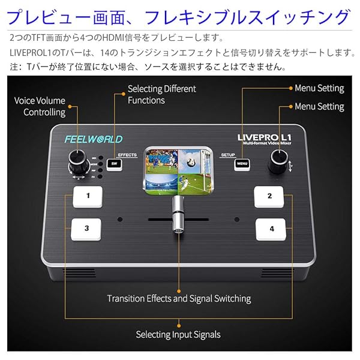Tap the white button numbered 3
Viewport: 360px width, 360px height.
[x=87, y=229]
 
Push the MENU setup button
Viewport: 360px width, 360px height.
[x=242, y=163]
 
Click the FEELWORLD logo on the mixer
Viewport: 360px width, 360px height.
[x=94, y=139]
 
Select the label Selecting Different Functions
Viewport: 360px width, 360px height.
[x=161, y=94]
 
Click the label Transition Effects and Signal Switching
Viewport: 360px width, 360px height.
[x=179, y=298]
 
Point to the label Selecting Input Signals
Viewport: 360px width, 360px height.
[x=178, y=334]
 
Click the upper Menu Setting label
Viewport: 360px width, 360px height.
[x=319, y=88]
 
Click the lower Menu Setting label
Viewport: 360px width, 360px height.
[x=319, y=107]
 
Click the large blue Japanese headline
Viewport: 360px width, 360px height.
[x=180, y=16]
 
